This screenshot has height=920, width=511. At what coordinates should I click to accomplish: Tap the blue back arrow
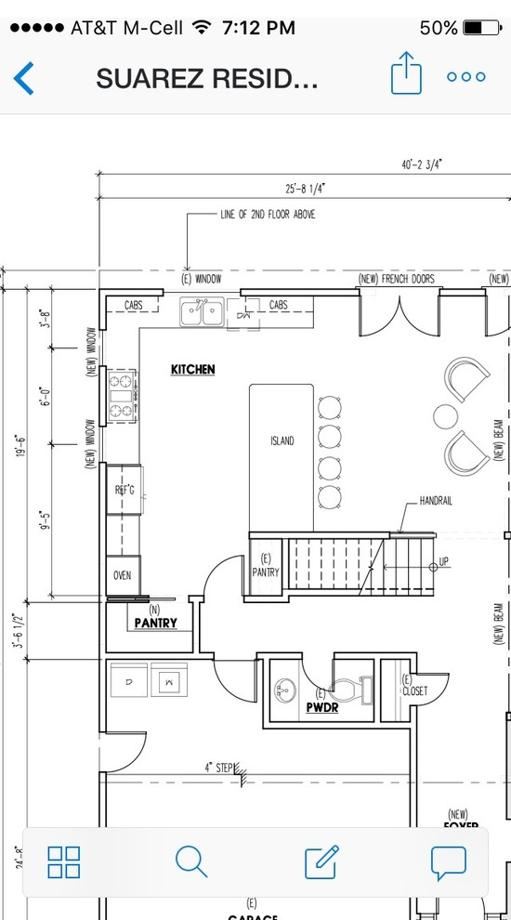[24, 78]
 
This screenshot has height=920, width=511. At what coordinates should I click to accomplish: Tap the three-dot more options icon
[465, 77]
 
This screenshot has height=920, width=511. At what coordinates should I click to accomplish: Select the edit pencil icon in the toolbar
[321, 861]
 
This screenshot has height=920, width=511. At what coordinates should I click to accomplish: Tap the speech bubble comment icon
[448, 861]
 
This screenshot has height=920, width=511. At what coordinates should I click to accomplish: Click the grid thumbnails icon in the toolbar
[63, 861]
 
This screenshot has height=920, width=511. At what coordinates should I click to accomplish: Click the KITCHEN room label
[192, 370]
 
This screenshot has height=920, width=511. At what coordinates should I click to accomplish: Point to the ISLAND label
[282, 440]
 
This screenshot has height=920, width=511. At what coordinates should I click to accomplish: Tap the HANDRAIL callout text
[435, 500]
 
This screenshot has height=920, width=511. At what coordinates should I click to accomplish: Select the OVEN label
[123, 575]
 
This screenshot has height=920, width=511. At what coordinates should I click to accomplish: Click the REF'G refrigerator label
[124, 490]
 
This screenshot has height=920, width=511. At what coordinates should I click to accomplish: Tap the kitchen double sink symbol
[202, 312]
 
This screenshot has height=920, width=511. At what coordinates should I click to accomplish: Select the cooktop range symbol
[123, 396]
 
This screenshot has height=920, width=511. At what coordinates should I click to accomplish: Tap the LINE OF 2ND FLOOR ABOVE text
[268, 214]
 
